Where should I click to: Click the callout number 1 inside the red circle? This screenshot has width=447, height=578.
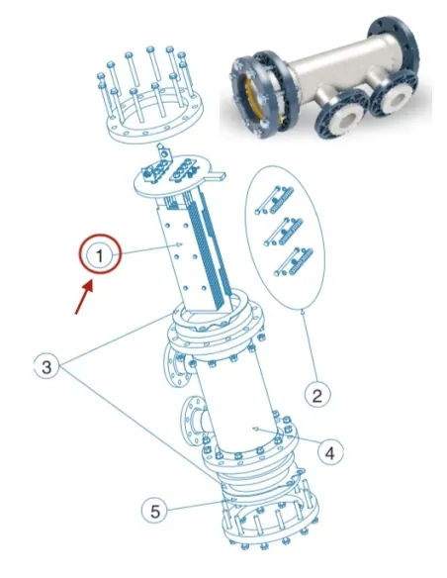pos(99,256)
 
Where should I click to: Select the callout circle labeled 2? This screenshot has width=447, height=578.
pos(315,396)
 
